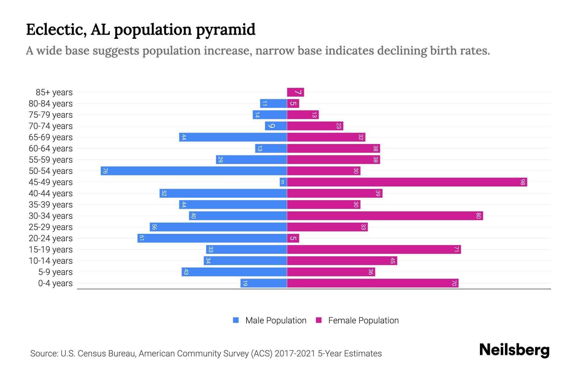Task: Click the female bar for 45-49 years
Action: pyautogui.click(x=407, y=182)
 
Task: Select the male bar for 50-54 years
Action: pyautogui.click(x=194, y=171)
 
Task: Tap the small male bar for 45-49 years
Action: pyautogui.click(x=283, y=182)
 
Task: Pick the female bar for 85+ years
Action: pyautogui.click(x=295, y=92)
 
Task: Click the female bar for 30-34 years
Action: pyautogui.click(x=385, y=216)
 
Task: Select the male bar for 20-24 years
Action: pyautogui.click(x=212, y=238)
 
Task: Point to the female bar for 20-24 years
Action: pyautogui.click(x=293, y=238)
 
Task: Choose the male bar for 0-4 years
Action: pyautogui.click(x=263, y=283)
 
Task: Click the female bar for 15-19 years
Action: pyautogui.click(x=374, y=250)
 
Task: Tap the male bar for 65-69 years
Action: pyautogui.click(x=233, y=137)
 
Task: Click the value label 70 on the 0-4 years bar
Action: pyautogui.click(x=454, y=283)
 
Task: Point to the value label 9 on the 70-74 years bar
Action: pyautogui.click(x=271, y=126)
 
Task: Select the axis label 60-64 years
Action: pyautogui.click(x=51, y=149)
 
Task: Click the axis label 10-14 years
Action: pyautogui.click(x=51, y=261)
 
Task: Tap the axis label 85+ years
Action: pyautogui.click(x=54, y=92)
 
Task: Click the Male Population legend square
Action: pyautogui.click(x=236, y=320)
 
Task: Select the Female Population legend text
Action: pyautogui.click(x=363, y=321)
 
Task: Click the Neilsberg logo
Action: pyautogui.click(x=514, y=350)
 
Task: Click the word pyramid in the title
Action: pyautogui.click(x=225, y=30)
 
